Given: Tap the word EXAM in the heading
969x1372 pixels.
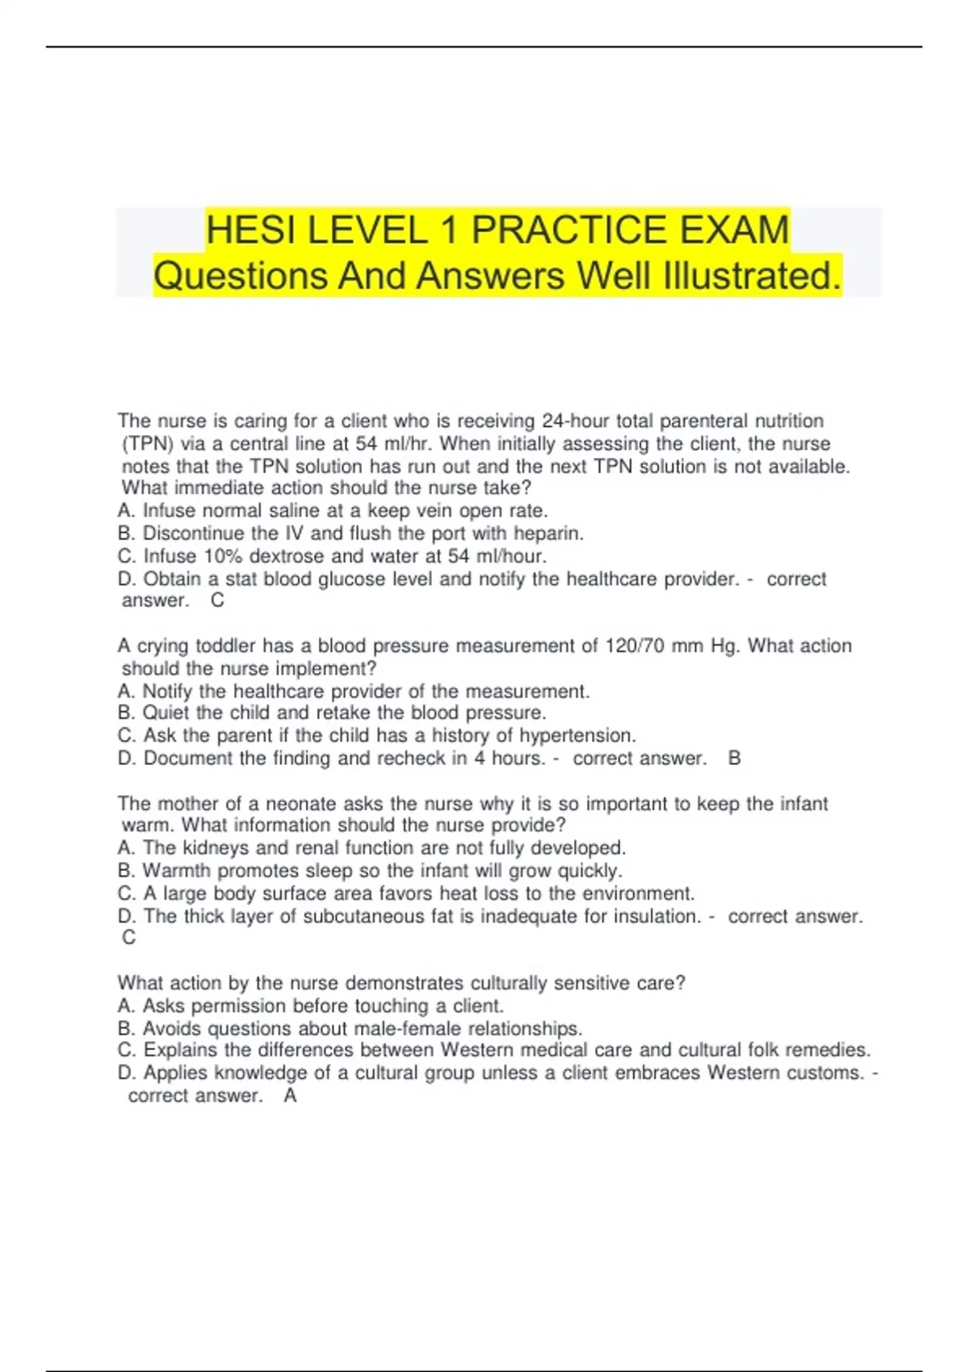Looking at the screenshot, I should point(734,230).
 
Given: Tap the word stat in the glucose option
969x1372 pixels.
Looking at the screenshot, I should point(241,579).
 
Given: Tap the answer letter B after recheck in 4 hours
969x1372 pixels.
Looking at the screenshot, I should point(734,758).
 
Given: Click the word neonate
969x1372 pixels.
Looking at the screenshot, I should point(302,804).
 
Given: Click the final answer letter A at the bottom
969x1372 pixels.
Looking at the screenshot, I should point(291,1095).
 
